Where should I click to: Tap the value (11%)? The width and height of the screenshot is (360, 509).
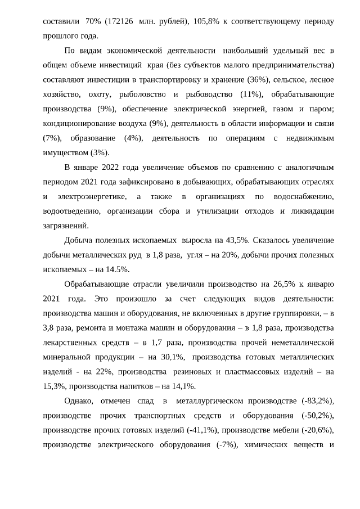coord(251,94)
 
